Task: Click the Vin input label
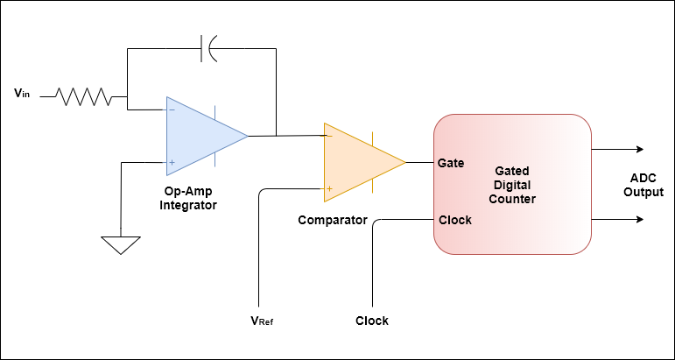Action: (x=24, y=92)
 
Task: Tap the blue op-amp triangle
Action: (x=201, y=136)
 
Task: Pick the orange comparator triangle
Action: (x=359, y=162)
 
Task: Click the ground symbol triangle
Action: (x=120, y=244)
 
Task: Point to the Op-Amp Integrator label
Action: (x=187, y=198)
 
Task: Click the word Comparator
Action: (x=332, y=220)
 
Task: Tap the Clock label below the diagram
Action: (x=372, y=321)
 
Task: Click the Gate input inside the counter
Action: (x=450, y=163)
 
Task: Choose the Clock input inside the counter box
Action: (x=454, y=220)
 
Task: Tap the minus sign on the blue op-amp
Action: (x=172, y=109)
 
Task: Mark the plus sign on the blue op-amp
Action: (x=172, y=162)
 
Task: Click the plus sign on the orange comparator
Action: (x=329, y=188)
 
